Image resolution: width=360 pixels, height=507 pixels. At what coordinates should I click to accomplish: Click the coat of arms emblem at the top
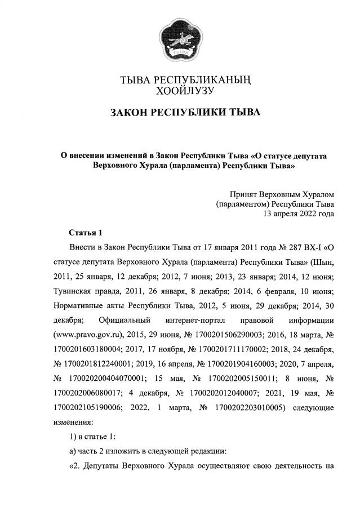(180, 40)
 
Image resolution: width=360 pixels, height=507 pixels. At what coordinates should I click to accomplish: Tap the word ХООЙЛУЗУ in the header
(180, 89)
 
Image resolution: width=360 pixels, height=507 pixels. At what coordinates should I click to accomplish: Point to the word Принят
(242, 194)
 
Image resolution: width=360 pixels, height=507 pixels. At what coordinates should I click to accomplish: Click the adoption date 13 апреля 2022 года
(299, 214)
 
